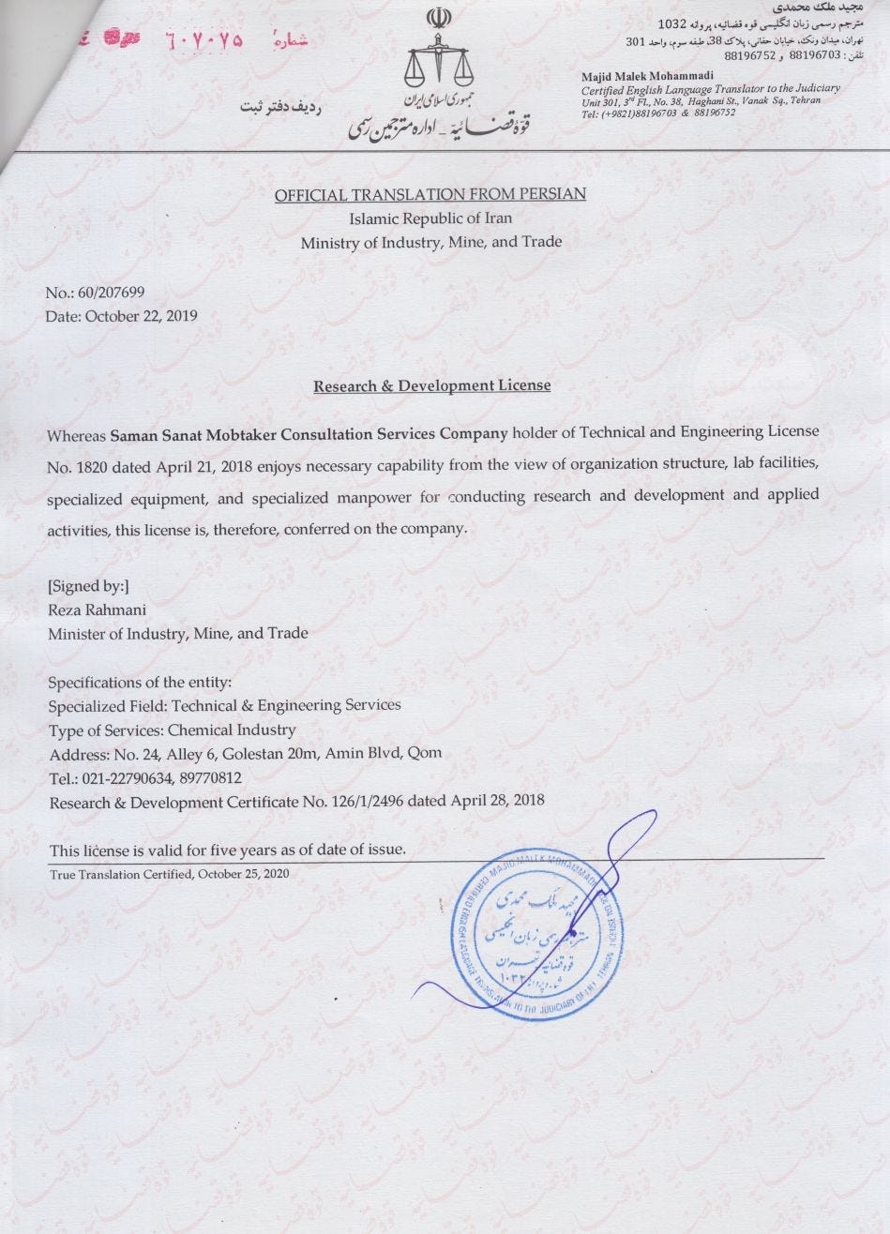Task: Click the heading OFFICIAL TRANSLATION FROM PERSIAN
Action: [430, 194]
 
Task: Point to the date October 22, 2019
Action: [142, 315]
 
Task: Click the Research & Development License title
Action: [431, 385]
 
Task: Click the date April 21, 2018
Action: [216, 464]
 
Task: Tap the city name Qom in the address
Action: [424, 753]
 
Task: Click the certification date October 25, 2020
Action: [243, 873]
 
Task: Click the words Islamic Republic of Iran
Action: [430, 218]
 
